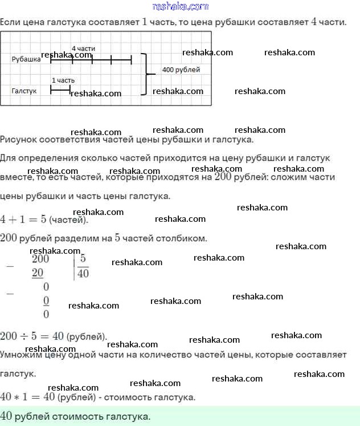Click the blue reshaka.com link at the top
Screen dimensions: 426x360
181,6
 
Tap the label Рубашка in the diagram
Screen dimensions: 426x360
26,59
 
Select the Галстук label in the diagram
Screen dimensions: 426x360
24,91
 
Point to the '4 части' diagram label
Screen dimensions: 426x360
83,48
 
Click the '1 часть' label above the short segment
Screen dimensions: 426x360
63,80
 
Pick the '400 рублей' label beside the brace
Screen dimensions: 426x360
181,70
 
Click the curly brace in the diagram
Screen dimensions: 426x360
147,74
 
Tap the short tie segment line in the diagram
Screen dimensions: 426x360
60,90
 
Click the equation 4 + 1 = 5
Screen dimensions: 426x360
23,219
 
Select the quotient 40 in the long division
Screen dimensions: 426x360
83,273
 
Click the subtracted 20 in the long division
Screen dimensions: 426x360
38,273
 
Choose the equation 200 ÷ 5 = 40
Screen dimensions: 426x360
32,336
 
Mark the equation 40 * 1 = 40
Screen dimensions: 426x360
27,396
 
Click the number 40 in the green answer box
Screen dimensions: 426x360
7,416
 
